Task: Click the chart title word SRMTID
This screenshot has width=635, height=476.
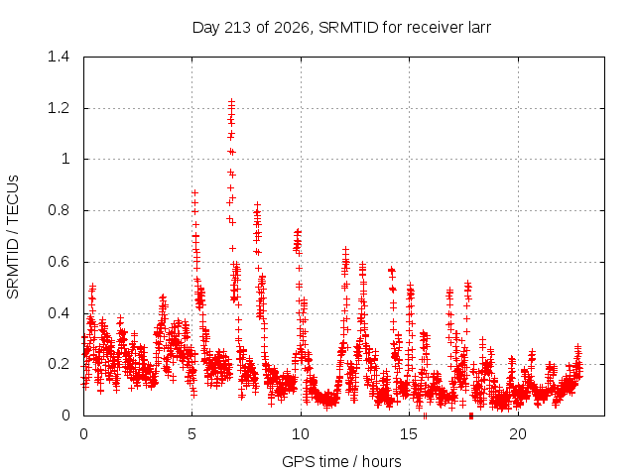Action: click(348, 28)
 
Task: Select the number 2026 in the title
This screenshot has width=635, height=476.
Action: click(291, 28)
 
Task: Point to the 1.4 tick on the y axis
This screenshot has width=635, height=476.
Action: click(59, 57)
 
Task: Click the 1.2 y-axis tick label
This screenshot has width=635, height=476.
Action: click(59, 108)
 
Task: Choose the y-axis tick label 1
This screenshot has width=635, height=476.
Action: click(65, 159)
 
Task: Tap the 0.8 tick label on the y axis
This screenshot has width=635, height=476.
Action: click(59, 210)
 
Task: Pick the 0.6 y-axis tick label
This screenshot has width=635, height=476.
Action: click(59, 262)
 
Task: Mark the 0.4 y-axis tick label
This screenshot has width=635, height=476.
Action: click(59, 313)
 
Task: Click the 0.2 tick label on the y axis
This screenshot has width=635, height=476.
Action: click(59, 364)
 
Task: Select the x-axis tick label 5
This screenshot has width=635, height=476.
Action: click(191, 434)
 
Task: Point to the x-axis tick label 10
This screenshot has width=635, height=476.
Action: click(300, 434)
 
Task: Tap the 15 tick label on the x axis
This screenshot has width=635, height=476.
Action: click(409, 434)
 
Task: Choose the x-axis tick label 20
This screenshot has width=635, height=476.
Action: click(518, 434)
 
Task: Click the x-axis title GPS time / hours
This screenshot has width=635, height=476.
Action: click(341, 461)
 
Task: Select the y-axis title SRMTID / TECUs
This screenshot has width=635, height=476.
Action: click(13, 237)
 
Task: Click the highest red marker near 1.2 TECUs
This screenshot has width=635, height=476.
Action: click(231, 101)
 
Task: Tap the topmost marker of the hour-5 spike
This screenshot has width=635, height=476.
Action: click(194, 192)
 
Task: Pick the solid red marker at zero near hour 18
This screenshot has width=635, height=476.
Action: click(471, 416)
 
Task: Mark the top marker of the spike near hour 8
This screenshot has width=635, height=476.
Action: click(257, 205)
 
